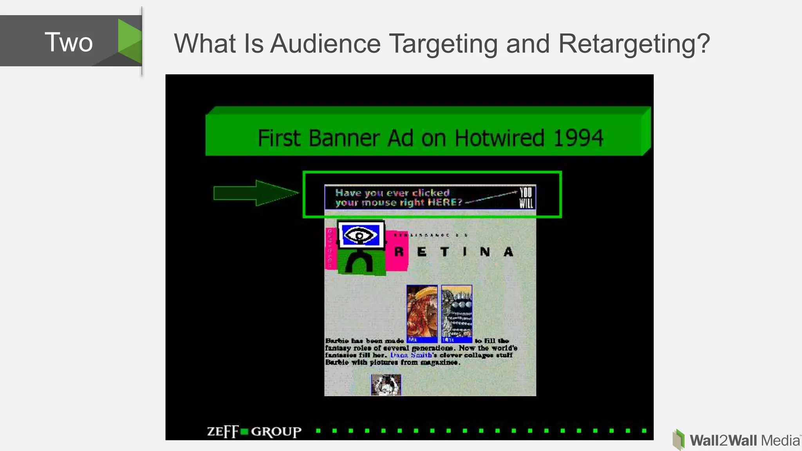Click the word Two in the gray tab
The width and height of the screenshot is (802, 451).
click(x=69, y=42)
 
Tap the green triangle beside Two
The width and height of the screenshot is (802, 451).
click(x=130, y=41)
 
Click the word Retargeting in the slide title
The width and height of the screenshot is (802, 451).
click(x=634, y=43)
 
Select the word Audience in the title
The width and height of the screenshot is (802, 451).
click(x=325, y=43)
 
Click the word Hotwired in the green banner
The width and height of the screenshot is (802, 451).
click(x=499, y=138)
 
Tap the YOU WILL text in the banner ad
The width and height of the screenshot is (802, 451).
click(x=526, y=198)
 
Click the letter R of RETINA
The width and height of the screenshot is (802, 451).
click(x=399, y=252)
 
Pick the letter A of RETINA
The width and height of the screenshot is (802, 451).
click(x=508, y=252)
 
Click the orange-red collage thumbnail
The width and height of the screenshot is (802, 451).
click(x=422, y=314)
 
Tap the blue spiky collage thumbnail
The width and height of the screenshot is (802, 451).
click(x=457, y=314)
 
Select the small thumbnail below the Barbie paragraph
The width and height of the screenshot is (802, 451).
click(x=386, y=385)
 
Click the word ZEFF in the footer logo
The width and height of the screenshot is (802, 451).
click(x=223, y=431)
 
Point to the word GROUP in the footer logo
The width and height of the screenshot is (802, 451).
click(x=276, y=431)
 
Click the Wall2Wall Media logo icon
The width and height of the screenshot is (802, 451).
click(x=679, y=439)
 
